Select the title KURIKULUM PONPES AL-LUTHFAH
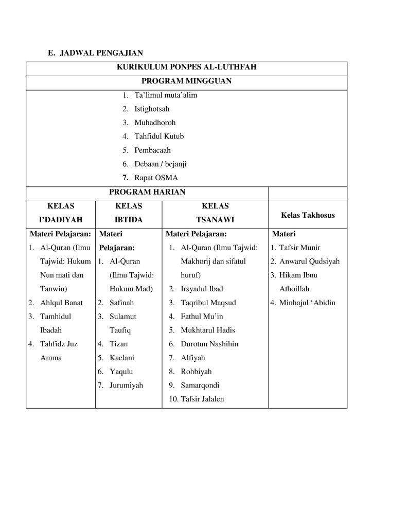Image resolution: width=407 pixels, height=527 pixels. click(x=186, y=67)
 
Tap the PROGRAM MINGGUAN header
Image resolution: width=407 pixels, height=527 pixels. click(x=186, y=81)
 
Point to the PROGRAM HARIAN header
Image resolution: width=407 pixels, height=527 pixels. click(x=147, y=192)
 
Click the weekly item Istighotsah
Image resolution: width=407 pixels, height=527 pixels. click(x=152, y=109)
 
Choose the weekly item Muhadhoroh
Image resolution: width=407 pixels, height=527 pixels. click(x=155, y=123)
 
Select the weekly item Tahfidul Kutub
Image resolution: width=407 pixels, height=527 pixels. click(x=159, y=136)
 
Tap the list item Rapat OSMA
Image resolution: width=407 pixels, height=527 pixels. click(x=156, y=178)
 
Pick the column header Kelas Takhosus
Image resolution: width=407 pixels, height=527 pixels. click(x=308, y=215)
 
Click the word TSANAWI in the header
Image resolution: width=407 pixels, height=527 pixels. click(x=215, y=220)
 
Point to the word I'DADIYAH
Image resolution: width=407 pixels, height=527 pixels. click(x=61, y=220)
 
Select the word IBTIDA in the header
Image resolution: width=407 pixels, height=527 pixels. click(x=128, y=220)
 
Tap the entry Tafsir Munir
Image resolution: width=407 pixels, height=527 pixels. click(x=299, y=248)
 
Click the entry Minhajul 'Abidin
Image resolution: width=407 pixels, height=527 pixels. click(x=307, y=303)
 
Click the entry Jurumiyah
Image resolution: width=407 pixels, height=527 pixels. click(x=126, y=385)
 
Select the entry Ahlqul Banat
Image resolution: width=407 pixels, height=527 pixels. click(x=61, y=303)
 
